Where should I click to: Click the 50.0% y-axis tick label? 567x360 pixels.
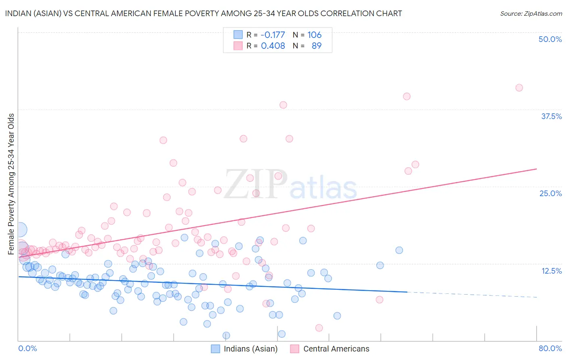pyautogui.click(x=550, y=39)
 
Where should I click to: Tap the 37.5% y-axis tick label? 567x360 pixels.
pyautogui.click(x=551, y=116)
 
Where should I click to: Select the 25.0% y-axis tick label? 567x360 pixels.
pyautogui.click(x=550, y=193)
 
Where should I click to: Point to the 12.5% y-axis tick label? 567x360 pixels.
pyautogui.click(x=551, y=271)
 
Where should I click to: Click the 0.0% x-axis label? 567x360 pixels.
pyautogui.click(x=27, y=348)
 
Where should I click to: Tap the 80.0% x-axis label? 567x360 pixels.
pyautogui.click(x=550, y=348)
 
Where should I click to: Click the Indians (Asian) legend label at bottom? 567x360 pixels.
pyautogui.click(x=250, y=349)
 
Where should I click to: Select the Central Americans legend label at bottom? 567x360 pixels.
pyautogui.click(x=336, y=349)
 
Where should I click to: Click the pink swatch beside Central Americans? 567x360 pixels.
pyautogui.click(x=295, y=349)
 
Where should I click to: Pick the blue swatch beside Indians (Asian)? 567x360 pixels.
pyautogui.click(x=215, y=349)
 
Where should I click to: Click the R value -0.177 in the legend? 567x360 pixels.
pyautogui.click(x=273, y=35)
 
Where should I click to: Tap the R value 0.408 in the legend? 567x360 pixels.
pyautogui.click(x=273, y=46)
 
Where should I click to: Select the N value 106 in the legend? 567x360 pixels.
pyautogui.click(x=314, y=35)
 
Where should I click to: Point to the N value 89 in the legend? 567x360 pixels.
pyautogui.click(x=317, y=46)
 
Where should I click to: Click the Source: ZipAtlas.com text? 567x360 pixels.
pyautogui.click(x=531, y=13)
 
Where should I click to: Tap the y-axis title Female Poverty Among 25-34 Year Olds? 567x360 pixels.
pyautogui.click(x=11, y=184)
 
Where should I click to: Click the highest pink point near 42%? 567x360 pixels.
pyautogui.click(x=519, y=88)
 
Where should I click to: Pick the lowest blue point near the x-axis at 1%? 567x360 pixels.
pyautogui.click(x=226, y=335)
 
